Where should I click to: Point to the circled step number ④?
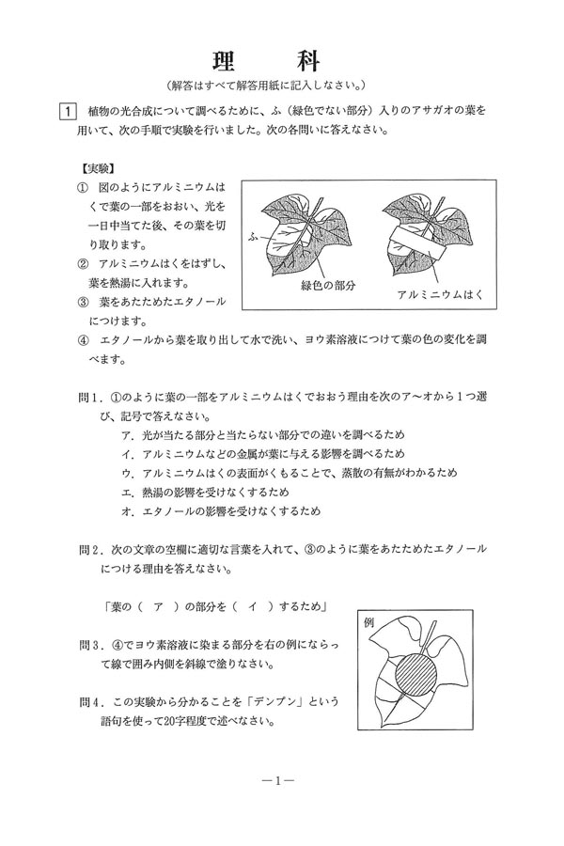(x=82, y=341)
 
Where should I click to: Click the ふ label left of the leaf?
(x=251, y=229)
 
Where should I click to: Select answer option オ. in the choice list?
(x=126, y=511)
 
